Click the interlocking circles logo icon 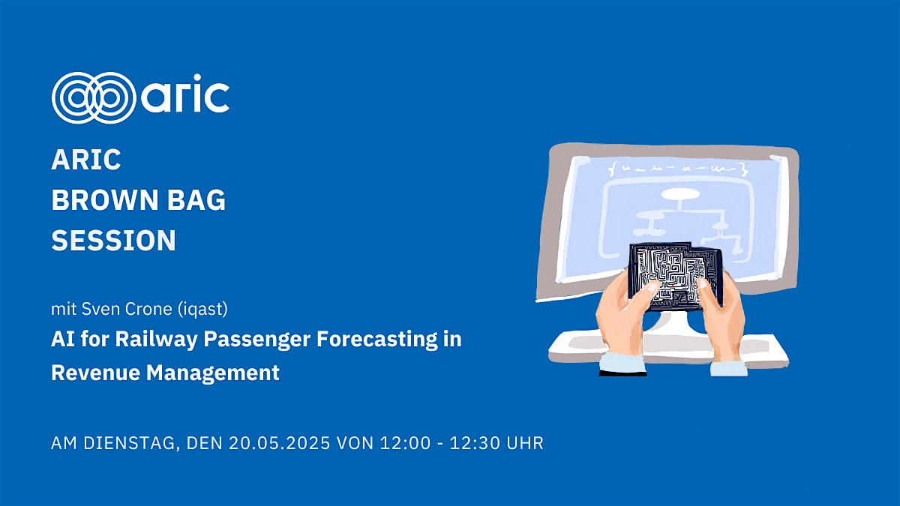coord(94,97)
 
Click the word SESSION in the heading coord(114,240)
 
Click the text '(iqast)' coord(202,309)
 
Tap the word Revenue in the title coord(96,373)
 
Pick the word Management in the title coord(212,373)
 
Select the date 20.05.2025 coord(280,443)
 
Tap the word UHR coord(525,443)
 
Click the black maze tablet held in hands coord(675,277)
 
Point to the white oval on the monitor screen coord(680,194)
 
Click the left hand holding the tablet coord(622,317)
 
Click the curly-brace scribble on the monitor coord(678,169)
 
